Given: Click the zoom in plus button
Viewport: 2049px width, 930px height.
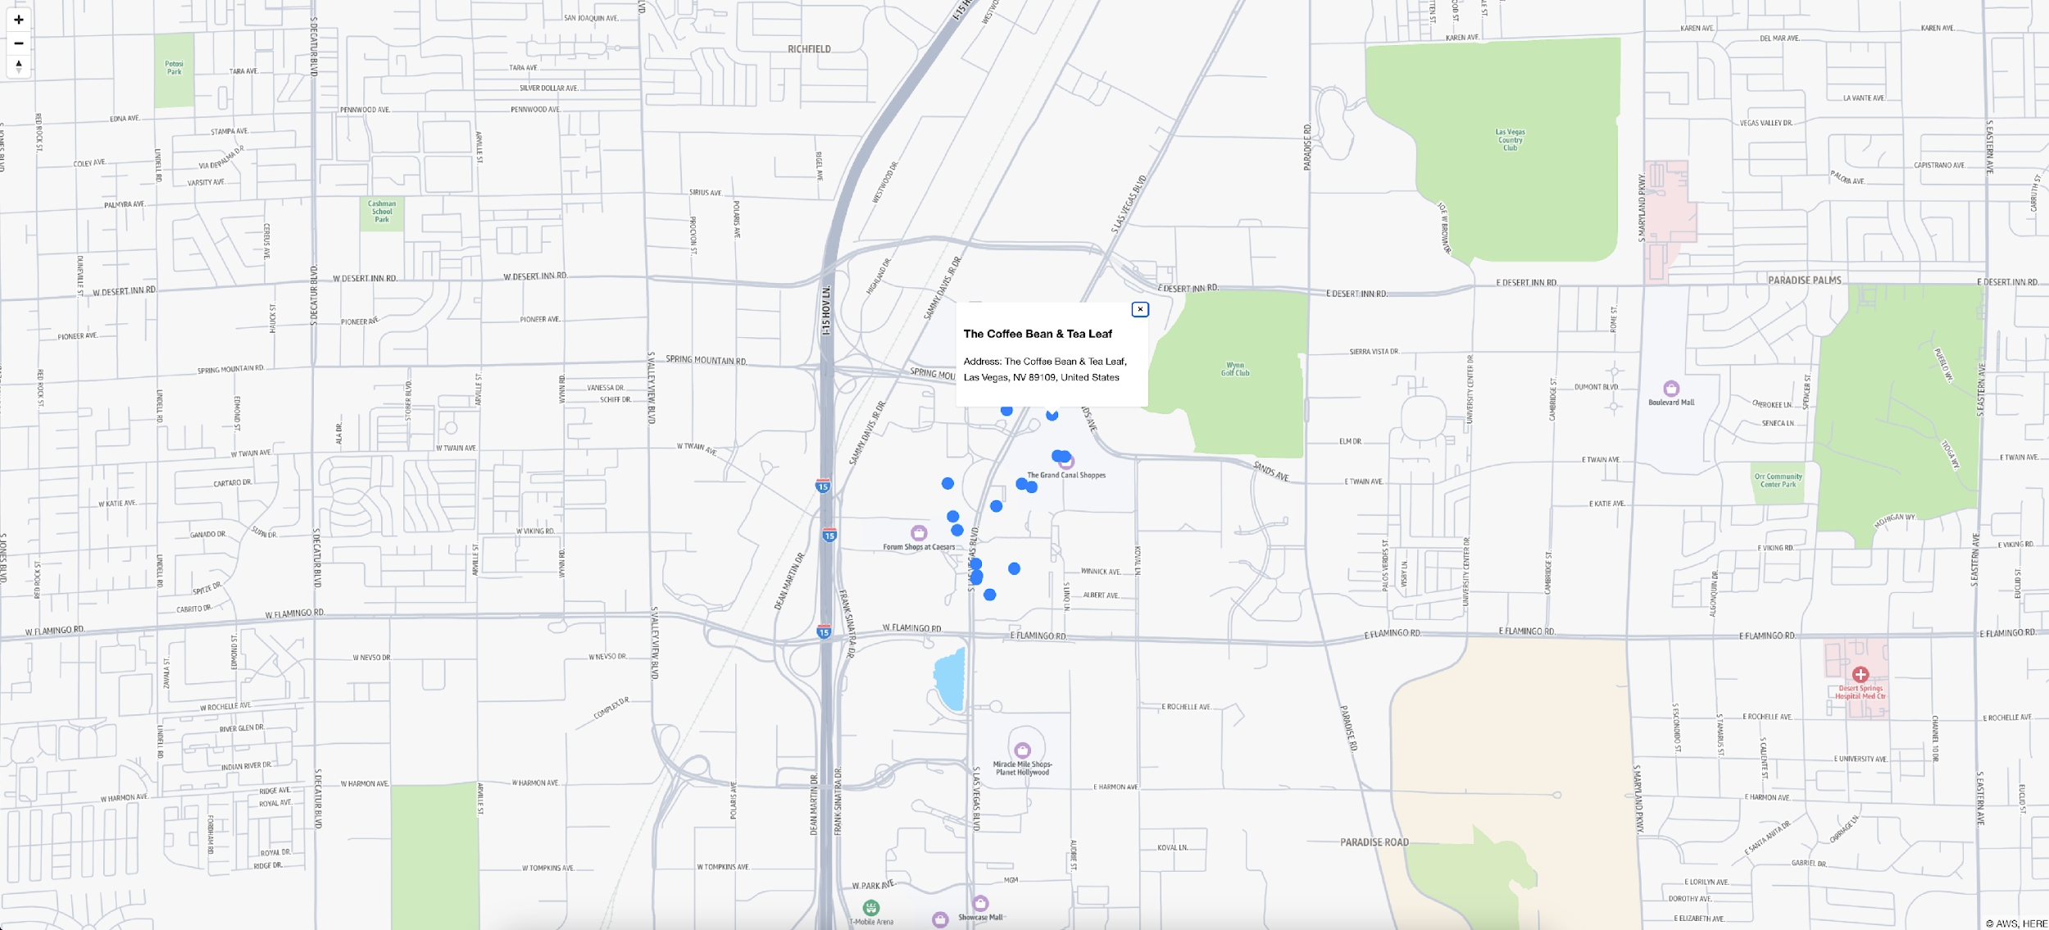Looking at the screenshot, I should [18, 20].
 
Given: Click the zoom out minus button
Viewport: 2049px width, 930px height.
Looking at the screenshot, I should [18, 43].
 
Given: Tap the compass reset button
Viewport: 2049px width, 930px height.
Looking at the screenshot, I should [18, 65].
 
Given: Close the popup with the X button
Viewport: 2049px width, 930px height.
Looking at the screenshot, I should [1139, 309].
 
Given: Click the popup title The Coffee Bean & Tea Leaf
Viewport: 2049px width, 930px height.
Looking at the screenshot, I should [1038, 334].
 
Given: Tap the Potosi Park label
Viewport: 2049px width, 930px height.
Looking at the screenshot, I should [174, 67].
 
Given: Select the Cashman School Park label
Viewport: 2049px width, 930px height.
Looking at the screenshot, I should [382, 212].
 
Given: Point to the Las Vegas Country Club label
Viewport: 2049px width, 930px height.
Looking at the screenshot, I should [1510, 139].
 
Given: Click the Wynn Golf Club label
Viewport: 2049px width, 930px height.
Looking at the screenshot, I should [1235, 369].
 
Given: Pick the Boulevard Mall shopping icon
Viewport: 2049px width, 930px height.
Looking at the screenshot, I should [1671, 388].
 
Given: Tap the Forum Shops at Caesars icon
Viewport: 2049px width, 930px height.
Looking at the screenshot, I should [919, 533].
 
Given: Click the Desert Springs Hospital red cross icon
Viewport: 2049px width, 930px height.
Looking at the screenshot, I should [1860, 675].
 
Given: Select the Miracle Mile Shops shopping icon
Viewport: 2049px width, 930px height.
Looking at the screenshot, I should [1022, 750].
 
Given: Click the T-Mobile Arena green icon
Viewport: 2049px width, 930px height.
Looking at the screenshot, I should [870, 907].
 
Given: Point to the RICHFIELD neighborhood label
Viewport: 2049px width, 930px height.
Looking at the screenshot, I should [809, 49].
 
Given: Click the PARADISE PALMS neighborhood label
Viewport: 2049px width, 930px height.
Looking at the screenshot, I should [1804, 280].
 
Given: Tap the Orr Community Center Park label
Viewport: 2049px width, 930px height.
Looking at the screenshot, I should [1778, 481].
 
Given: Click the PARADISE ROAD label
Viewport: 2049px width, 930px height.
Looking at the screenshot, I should [1374, 842].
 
